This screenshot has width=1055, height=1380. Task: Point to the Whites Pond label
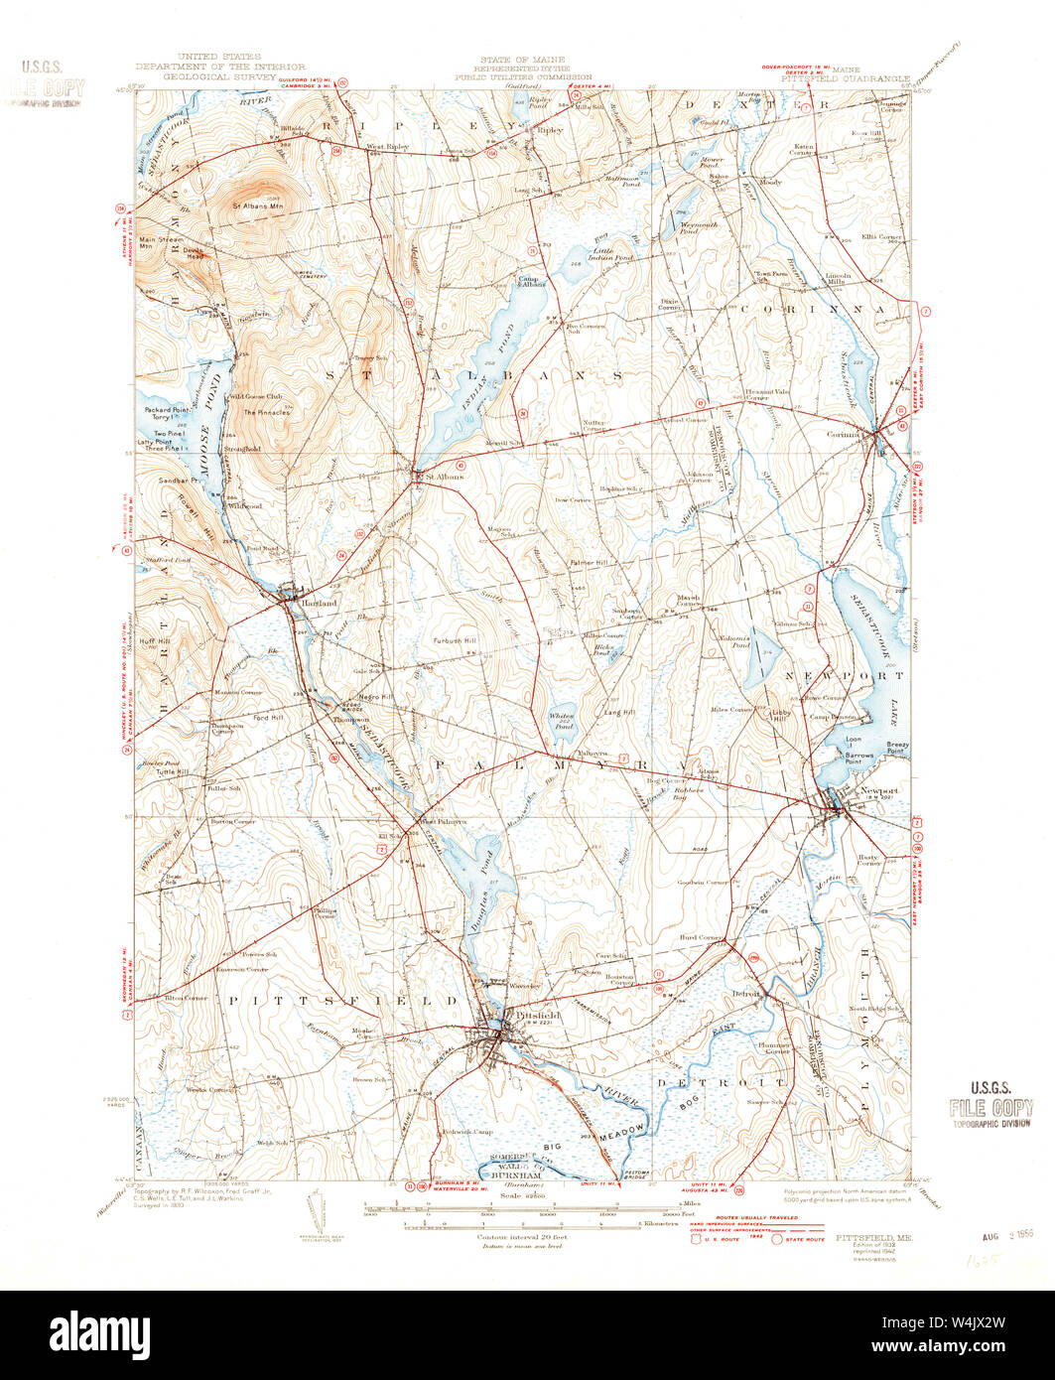[563, 722]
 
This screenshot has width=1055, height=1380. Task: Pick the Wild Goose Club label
[256, 396]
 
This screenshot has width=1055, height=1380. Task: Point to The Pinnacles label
[267, 412]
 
